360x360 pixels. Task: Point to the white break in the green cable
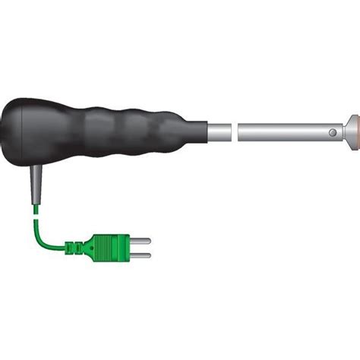click(34, 214)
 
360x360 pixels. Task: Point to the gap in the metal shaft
click(235, 132)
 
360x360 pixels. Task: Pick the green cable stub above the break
click(34, 207)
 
